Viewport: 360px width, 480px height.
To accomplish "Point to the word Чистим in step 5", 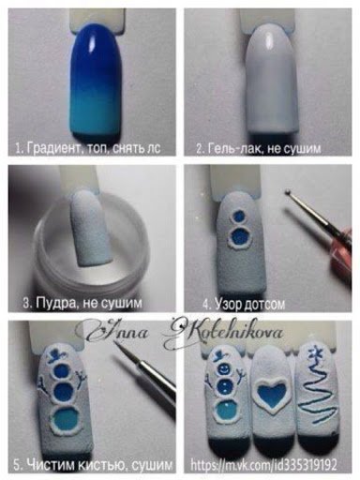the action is pos(51,465).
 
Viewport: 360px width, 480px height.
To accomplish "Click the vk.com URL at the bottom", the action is pos(263,465).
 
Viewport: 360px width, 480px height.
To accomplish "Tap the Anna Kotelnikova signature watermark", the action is pos(185,333).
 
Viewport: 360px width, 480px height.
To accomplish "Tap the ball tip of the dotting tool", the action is pos(288,191).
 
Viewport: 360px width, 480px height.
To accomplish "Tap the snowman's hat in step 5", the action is pos(58,355).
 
